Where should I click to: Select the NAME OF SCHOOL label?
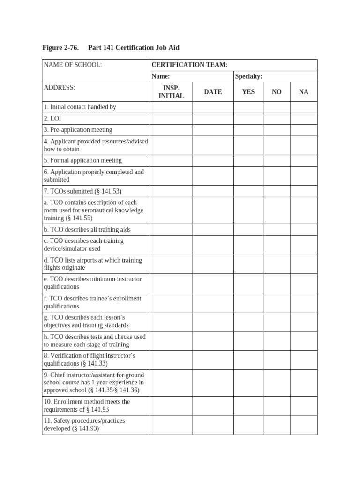point(73,65)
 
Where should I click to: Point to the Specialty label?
point(248,76)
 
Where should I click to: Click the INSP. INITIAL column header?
point(171,92)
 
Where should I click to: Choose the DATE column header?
point(213,92)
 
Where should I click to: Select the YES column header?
point(248,92)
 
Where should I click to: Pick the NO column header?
point(277,92)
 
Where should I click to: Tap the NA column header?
point(304,92)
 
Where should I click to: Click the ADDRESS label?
point(60,88)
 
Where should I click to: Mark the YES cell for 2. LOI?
point(248,119)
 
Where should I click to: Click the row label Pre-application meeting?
point(78,130)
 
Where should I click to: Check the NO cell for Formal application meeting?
point(277,160)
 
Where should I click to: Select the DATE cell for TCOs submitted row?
point(213,191)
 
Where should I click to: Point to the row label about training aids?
point(87,230)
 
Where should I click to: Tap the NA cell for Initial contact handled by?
point(304,107)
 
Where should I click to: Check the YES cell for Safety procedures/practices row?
point(248,425)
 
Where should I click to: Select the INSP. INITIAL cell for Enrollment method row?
point(171,405)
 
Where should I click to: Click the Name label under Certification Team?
point(160,76)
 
